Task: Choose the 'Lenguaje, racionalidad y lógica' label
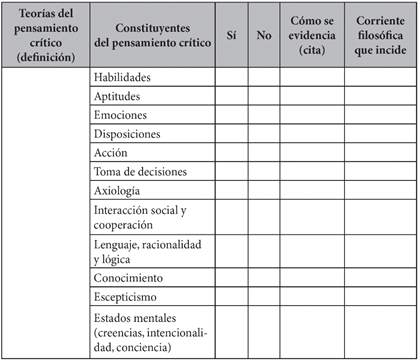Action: [x=147, y=251]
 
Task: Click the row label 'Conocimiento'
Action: [x=129, y=277]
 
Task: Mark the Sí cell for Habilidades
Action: [x=231, y=77]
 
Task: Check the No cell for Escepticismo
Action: [x=264, y=296]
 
